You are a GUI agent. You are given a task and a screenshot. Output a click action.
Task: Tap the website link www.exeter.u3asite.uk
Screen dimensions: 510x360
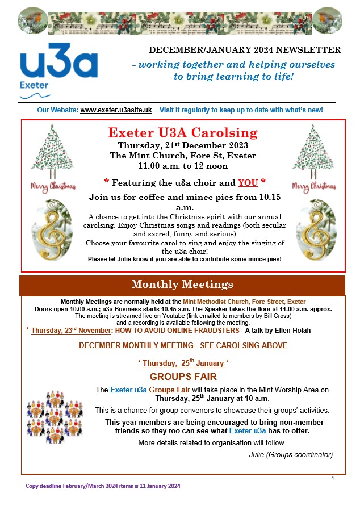point(116,110)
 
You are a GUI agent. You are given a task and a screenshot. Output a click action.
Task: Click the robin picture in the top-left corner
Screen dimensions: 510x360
point(32,20)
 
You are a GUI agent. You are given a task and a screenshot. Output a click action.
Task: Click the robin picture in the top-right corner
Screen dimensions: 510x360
point(327,20)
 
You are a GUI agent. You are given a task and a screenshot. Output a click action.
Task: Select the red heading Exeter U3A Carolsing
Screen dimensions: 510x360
point(183,133)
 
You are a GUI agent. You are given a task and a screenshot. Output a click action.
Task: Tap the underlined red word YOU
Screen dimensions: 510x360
point(248,183)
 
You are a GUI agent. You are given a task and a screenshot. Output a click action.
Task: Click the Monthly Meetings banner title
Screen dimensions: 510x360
point(182,285)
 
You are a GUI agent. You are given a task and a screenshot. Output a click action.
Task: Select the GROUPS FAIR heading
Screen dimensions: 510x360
point(183,377)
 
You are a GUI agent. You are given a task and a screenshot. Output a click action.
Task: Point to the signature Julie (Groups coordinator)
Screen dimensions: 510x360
point(291,454)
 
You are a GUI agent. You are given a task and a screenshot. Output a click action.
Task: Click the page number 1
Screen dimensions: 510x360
point(333,479)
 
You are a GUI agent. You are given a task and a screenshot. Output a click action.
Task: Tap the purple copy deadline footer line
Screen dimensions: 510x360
point(103,486)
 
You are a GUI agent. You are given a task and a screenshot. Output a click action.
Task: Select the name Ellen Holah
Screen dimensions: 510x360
point(292,330)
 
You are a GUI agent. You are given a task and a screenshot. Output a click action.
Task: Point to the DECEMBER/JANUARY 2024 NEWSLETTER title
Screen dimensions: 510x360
point(245,50)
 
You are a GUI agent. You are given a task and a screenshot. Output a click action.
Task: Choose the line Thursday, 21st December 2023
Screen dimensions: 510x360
point(183,145)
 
